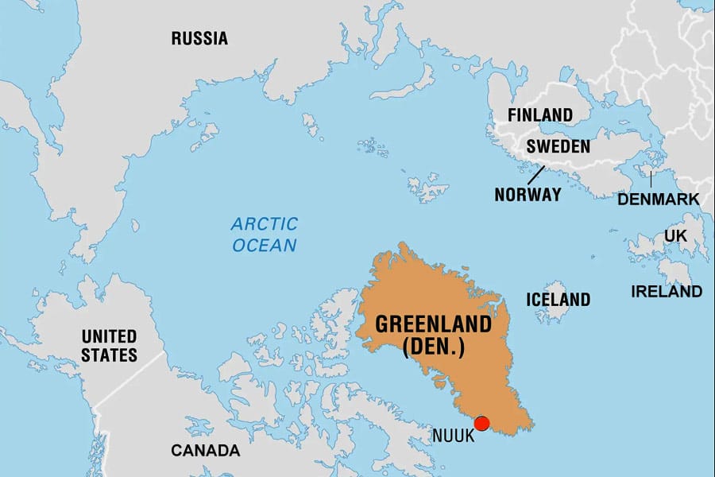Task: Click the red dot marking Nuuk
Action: tap(481, 423)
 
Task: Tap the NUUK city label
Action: tap(454, 436)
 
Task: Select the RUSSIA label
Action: tap(199, 38)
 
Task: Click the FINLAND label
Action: tap(540, 114)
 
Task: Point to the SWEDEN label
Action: tap(558, 146)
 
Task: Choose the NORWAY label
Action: tap(528, 194)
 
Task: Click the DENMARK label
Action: tap(659, 199)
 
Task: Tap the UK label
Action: tap(675, 236)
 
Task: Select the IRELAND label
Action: tap(667, 292)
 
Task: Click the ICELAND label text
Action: tap(558, 300)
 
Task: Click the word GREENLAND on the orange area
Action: tap(432, 325)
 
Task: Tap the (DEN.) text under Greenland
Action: tap(434, 347)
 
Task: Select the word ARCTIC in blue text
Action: tap(265, 224)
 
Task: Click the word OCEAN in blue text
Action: tap(265, 245)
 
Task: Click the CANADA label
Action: tap(205, 451)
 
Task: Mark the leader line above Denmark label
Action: tap(651, 180)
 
